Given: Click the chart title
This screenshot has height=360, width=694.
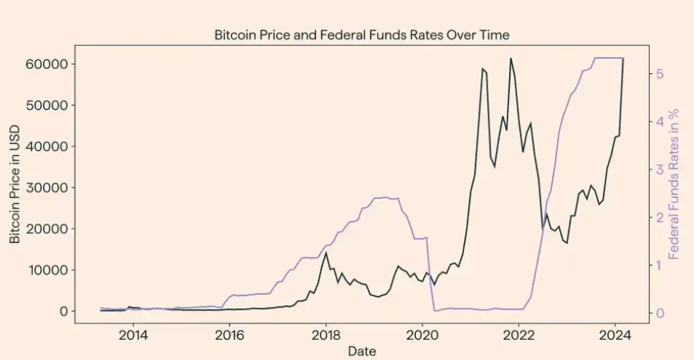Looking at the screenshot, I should [x=361, y=34].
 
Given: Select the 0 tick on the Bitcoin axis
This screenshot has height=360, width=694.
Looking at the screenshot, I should [x=64, y=311].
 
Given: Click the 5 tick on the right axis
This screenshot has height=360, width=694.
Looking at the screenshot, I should [x=659, y=74].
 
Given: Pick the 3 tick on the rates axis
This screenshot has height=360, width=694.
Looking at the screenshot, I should [x=659, y=169].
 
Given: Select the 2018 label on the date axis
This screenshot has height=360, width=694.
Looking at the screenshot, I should [x=326, y=334].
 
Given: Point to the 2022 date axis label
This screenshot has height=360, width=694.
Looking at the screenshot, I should [x=519, y=334].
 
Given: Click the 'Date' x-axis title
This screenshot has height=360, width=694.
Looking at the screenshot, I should [x=361, y=351].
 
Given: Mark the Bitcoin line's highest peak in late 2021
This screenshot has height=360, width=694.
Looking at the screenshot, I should [x=510, y=59].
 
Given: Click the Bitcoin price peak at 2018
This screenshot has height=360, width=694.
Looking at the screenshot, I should [x=326, y=252].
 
